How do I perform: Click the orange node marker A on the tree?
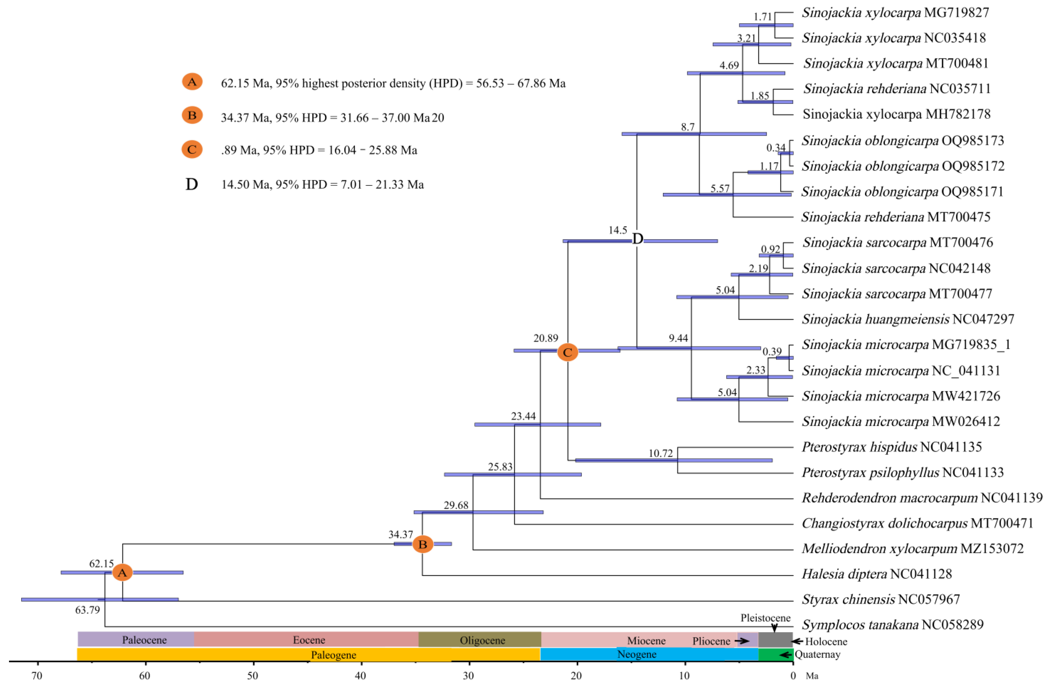pos(123,572)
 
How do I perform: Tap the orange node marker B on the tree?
pos(423,544)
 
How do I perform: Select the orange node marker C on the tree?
pos(567,352)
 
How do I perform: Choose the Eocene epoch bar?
pos(309,640)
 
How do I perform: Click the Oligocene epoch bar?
pos(482,640)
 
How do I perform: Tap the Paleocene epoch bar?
pos(144,640)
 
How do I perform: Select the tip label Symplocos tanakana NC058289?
pos(892,625)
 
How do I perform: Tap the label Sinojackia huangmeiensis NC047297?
pos(908,319)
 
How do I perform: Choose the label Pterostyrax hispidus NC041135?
pos(892,447)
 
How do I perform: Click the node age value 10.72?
pos(660,453)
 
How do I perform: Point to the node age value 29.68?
pos(456,505)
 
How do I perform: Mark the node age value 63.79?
pos(87,610)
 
